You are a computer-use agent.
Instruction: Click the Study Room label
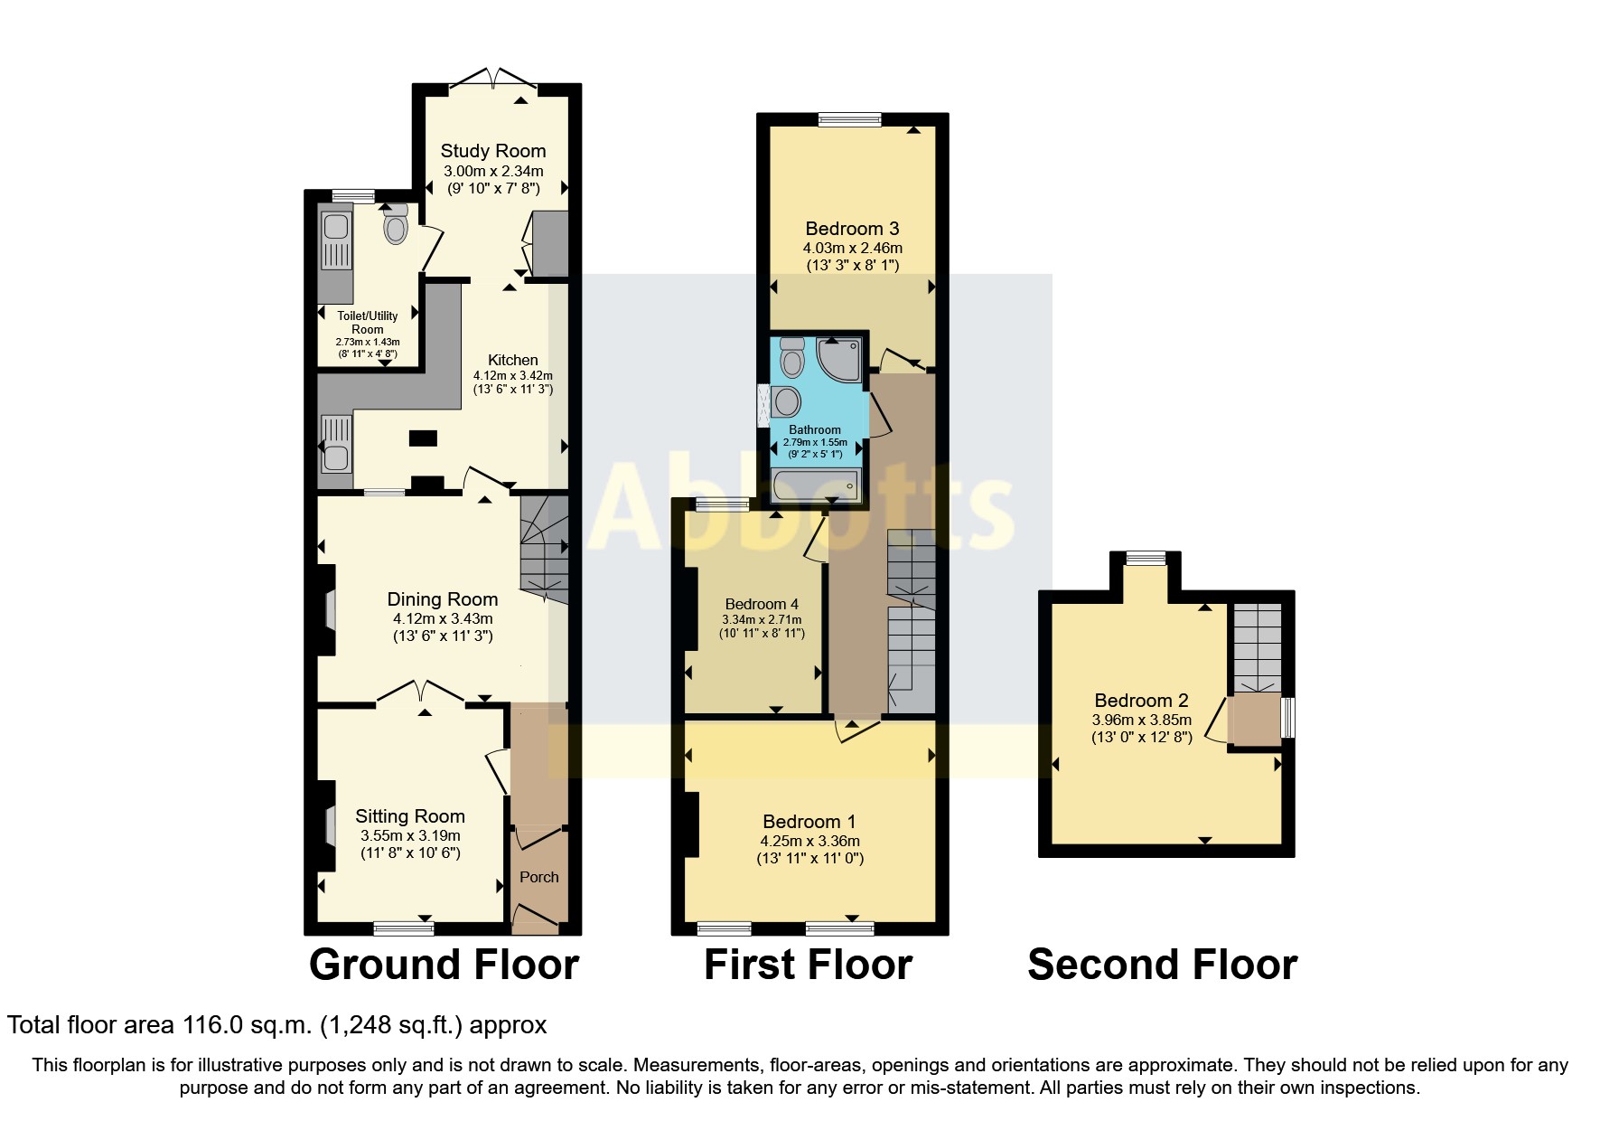pyautogui.click(x=492, y=151)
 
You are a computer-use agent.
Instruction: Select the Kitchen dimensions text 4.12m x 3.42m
pyautogui.click(x=512, y=375)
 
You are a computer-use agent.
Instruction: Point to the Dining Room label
pyautogui.click(x=442, y=599)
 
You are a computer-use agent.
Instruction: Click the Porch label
pyautogui.click(x=538, y=877)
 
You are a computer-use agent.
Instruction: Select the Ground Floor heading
pyautogui.click(x=444, y=965)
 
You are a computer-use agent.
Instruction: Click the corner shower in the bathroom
pyautogui.click(x=841, y=356)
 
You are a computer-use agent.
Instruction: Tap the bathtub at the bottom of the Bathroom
pyautogui.click(x=816, y=487)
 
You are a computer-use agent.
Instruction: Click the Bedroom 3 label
pyautogui.click(x=852, y=229)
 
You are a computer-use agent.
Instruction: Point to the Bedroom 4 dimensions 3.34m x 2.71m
pyautogui.click(x=761, y=620)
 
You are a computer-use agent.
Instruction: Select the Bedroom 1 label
pyautogui.click(x=809, y=822)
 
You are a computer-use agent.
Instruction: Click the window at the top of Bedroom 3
pyautogui.click(x=849, y=118)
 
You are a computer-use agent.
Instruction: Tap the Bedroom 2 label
pyautogui.click(x=1141, y=701)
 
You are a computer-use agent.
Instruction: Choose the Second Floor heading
pyautogui.click(x=1162, y=965)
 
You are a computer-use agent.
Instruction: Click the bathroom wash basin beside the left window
pyautogui.click(x=786, y=401)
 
